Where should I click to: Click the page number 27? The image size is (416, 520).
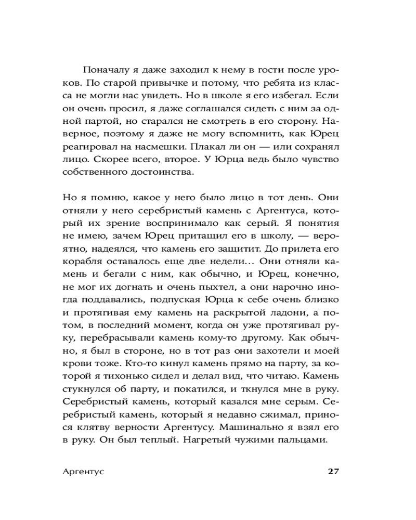click(333, 471)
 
